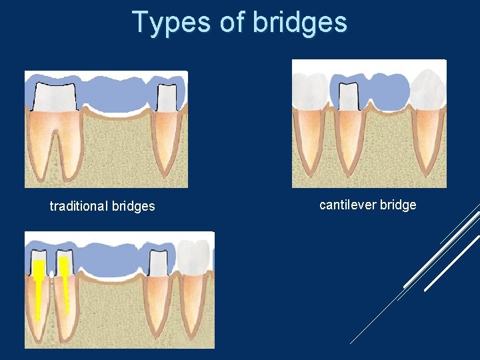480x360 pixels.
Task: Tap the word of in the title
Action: point(233,22)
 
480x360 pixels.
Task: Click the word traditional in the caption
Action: point(79,207)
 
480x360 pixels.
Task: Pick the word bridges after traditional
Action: point(133,207)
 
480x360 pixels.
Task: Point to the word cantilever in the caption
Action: point(348,205)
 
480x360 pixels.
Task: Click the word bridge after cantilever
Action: point(398,205)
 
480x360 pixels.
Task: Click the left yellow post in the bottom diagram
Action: point(39,280)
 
